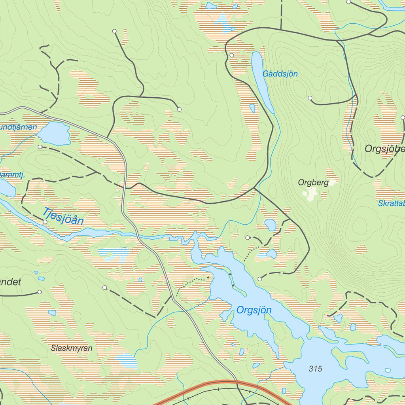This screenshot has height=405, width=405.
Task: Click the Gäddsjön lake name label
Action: [x=280, y=74]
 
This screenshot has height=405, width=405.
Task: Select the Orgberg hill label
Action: [x=313, y=183]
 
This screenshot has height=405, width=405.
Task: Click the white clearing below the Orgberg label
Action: [x=310, y=193]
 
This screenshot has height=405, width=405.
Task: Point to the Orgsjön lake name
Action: [x=254, y=310]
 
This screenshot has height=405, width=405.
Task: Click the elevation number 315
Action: [x=316, y=369]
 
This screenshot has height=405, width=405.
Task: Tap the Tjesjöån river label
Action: [x=63, y=216]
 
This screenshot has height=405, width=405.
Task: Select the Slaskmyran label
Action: [x=72, y=348]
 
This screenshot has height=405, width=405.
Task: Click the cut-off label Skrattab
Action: [x=391, y=203]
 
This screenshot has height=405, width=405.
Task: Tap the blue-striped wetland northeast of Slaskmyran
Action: [x=127, y=361]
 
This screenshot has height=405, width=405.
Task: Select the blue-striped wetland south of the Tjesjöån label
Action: [x=115, y=253]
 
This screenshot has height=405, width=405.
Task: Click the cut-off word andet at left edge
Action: [x=10, y=282]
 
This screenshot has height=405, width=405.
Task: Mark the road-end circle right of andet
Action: [x=40, y=292]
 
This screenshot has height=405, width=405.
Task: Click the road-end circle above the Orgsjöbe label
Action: [x=403, y=117]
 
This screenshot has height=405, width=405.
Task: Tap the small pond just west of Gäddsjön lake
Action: [x=252, y=108]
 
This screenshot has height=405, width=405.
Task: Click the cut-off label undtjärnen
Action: [x=18, y=127]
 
